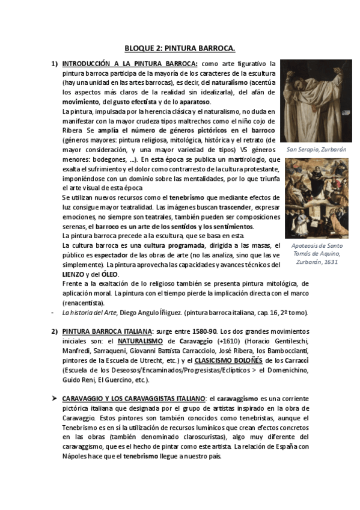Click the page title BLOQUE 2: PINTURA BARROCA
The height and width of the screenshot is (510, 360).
click(180, 47)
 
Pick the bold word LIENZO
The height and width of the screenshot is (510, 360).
click(73, 274)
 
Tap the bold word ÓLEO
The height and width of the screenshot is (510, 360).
click(110, 274)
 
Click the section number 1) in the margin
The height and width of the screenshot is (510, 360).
click(54, 63)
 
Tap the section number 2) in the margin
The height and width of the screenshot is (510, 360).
click(54, 331)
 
